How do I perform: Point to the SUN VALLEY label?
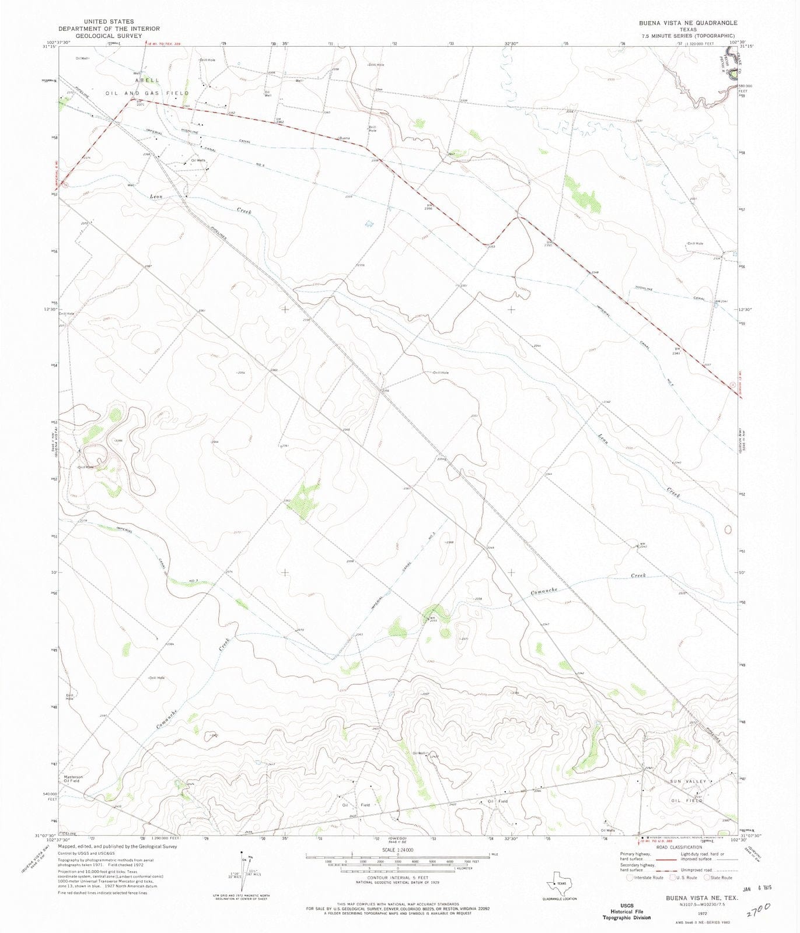click(x=688, y=781)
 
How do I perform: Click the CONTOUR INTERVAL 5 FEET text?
click(x=397, y=877)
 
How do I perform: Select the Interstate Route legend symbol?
click(x=629, y=877)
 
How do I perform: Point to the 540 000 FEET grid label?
click(x=49, y=797)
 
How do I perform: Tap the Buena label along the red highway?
click(x=345, y=138)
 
